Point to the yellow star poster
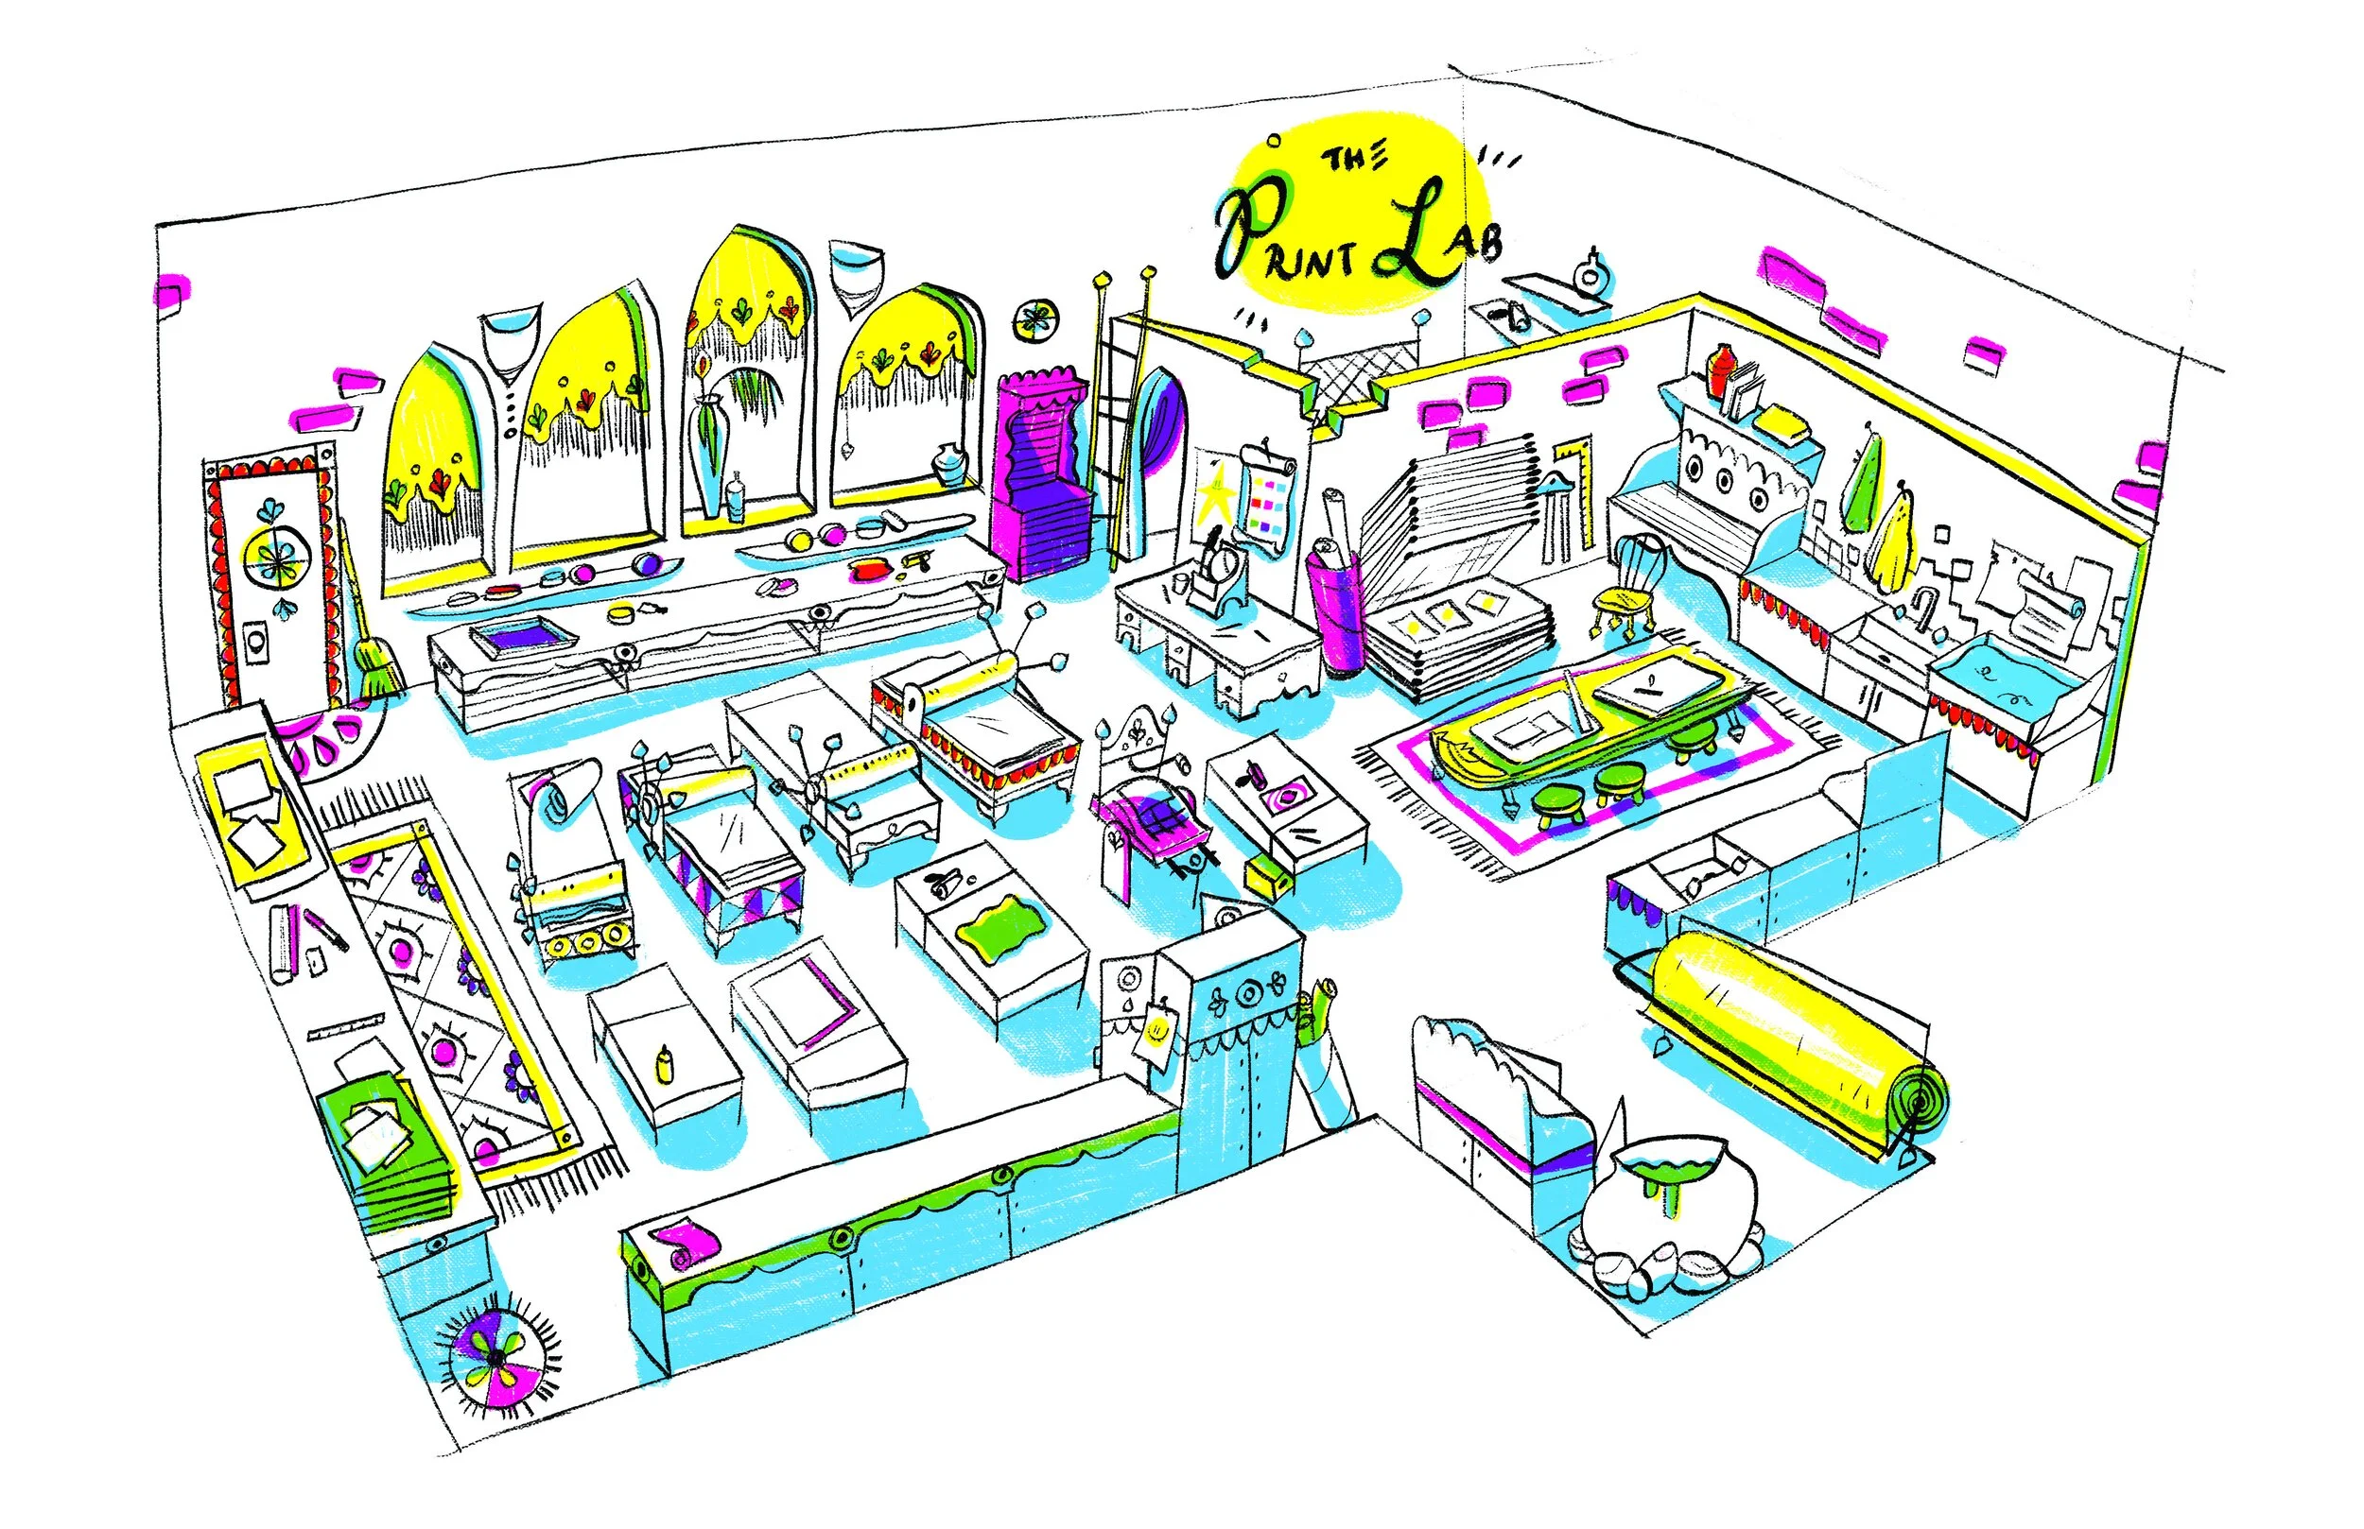click(1213, 495)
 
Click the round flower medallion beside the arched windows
click(1035, 320)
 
